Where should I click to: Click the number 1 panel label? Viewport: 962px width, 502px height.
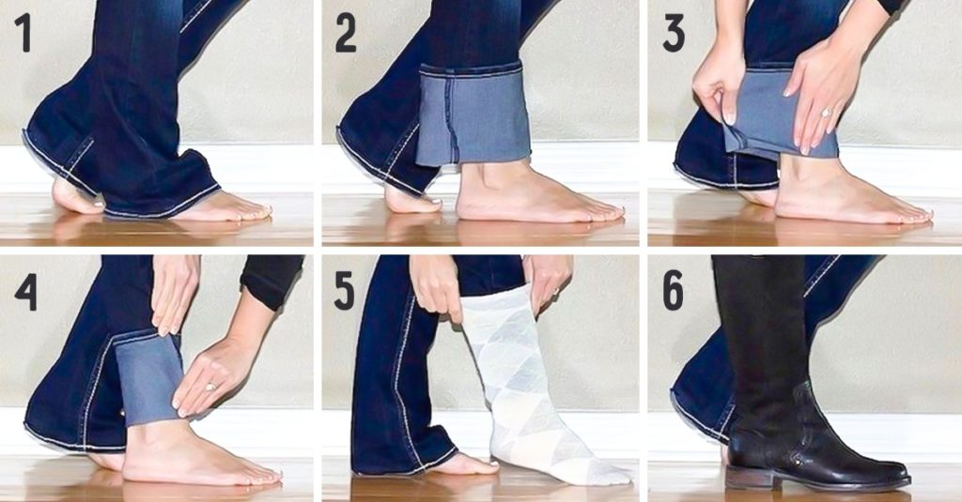tap(23, 33)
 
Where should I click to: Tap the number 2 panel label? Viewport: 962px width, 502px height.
tap(346, 33)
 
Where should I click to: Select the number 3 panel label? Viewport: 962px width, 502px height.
tap(674, 33)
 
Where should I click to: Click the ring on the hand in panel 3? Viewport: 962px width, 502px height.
tap(826, 113)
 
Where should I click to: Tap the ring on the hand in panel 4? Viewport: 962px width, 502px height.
tap(209, 387)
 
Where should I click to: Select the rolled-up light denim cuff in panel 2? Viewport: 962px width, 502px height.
tap(473, 114)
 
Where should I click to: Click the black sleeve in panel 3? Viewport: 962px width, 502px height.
tap(889, 6)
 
